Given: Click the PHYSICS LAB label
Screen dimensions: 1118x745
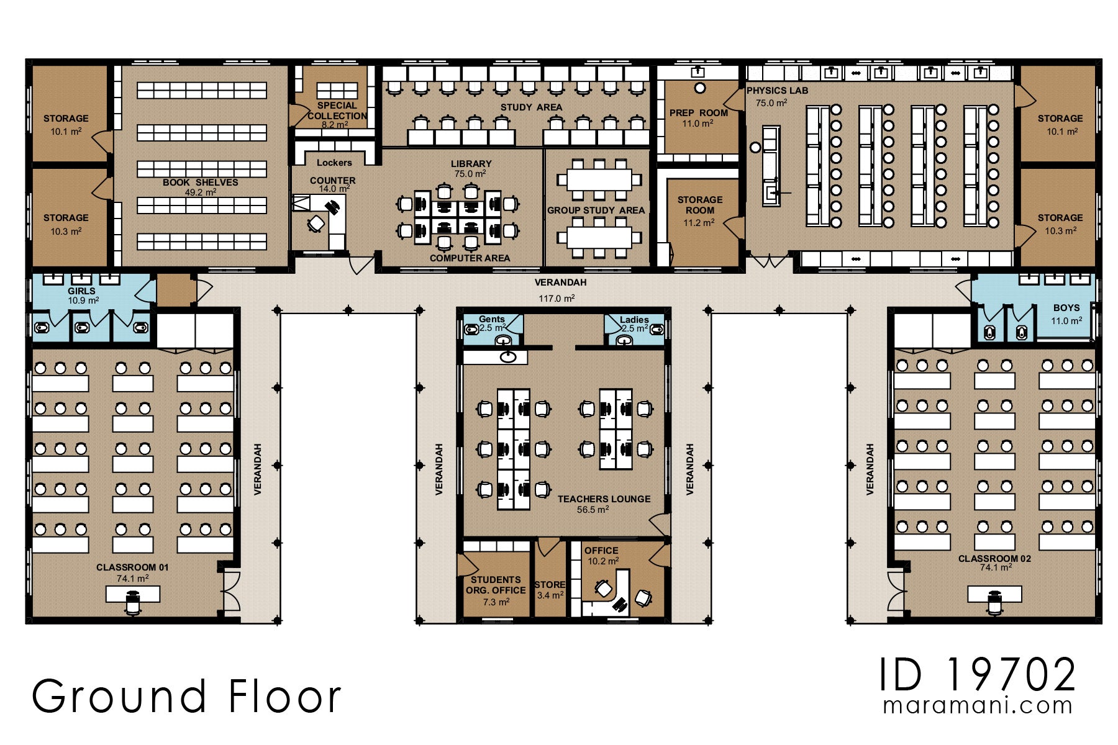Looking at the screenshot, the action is click(777, 91).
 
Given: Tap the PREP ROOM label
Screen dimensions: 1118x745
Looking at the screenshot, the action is click(699, 113).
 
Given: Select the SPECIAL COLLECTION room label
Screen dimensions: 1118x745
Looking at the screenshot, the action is click(337, 111).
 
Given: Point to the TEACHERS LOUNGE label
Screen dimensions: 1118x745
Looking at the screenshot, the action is click(604, 499).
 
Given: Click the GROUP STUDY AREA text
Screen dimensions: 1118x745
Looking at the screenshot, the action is click(596, 210).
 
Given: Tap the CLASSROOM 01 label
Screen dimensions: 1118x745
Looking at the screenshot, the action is click(132, 567).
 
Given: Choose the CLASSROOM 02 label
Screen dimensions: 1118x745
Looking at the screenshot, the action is click(994, 559).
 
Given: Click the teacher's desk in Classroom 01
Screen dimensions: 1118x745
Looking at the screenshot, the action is click(133, 595).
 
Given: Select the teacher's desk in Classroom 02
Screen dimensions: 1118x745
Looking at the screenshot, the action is click(994, 595).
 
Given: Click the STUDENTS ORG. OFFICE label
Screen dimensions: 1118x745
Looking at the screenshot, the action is click(496, 585).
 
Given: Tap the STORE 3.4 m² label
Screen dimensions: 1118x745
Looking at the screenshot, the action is click(550, 590).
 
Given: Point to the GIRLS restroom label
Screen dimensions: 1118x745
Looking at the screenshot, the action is click(81, 291).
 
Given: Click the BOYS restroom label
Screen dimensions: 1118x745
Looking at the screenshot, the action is click(1066, 308).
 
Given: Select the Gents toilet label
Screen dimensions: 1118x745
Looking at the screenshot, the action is click(492, 319).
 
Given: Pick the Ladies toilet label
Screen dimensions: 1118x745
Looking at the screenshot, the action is click(634, 320).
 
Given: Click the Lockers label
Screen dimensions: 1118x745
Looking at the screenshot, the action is click(334, 163).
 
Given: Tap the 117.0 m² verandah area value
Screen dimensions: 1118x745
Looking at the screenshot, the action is click(557, 299).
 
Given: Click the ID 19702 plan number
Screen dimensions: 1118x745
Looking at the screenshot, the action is click(978, 675).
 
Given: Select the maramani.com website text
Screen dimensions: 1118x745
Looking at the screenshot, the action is click(978, 706).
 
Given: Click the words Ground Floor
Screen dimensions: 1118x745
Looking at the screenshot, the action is click(186, 695).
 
